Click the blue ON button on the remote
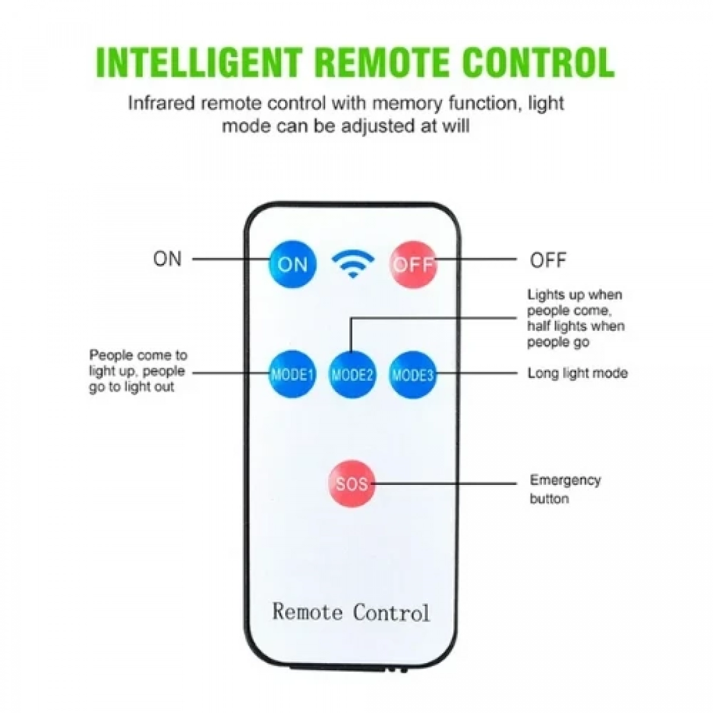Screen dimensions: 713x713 pos(292,264)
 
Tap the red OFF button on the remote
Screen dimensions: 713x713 pos(413,264)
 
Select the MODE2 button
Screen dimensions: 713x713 pos(352,374)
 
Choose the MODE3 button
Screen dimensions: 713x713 pos(412,374)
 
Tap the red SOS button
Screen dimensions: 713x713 pos(352,484)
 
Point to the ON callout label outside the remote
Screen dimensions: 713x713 pos(168,258)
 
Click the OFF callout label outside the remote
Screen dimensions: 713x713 pos(548,260)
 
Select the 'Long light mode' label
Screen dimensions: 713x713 pos(577,373)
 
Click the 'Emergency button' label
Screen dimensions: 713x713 pos(565,489)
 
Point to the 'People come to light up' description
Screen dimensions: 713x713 pos(138,371)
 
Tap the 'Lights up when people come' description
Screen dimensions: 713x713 pos(576,318)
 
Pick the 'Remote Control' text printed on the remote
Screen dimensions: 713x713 pos(351,611)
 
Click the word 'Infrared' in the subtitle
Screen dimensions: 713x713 pos(161,103)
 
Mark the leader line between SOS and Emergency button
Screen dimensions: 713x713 pos(446,483)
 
